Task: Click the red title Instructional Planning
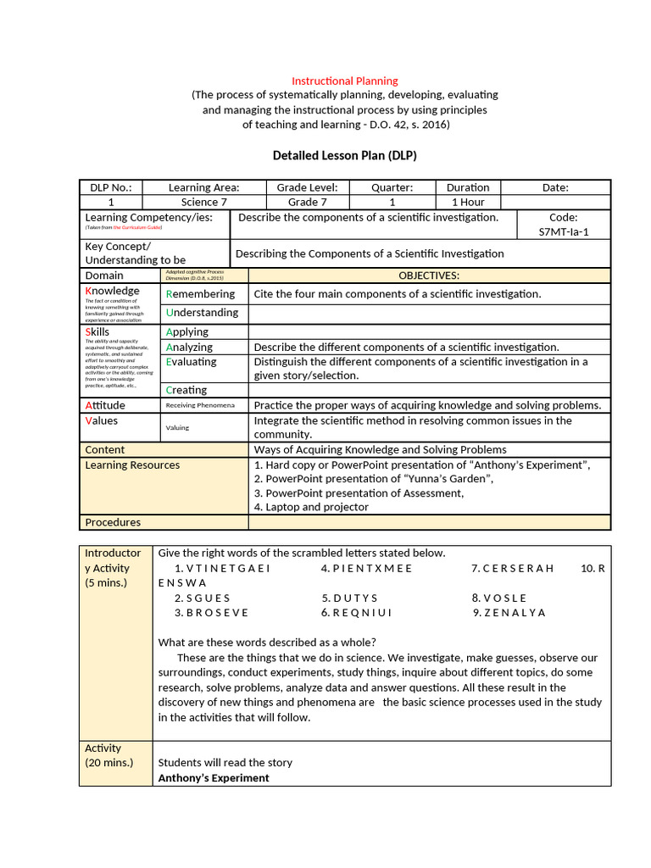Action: click(x=344, y=81)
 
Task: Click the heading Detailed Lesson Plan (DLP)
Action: click(x=344, y=156)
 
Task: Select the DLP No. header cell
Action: click(x=111, y=187)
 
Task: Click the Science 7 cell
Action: click(x=204, y=203)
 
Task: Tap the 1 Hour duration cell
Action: click(x=468, y=203)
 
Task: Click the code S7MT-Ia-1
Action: click(x=563, y=231)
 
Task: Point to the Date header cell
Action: click(x=555, y=187)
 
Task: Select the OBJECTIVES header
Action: click(x=429, y=275)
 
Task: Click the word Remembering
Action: click(x=201, y=294)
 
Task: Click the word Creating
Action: click(x=186, y=390)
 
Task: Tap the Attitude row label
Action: click(x=105, y=405)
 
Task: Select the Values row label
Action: click(x=102, y=420)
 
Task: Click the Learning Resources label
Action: click(x=132, y=465)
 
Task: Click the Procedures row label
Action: click(x=113, y=522)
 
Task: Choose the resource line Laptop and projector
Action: click(x=311, y=507)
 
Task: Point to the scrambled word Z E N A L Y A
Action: click(x=509, y=612)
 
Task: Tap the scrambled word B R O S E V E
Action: click(x=211, y=612)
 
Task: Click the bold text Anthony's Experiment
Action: click(x=214, y=777)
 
